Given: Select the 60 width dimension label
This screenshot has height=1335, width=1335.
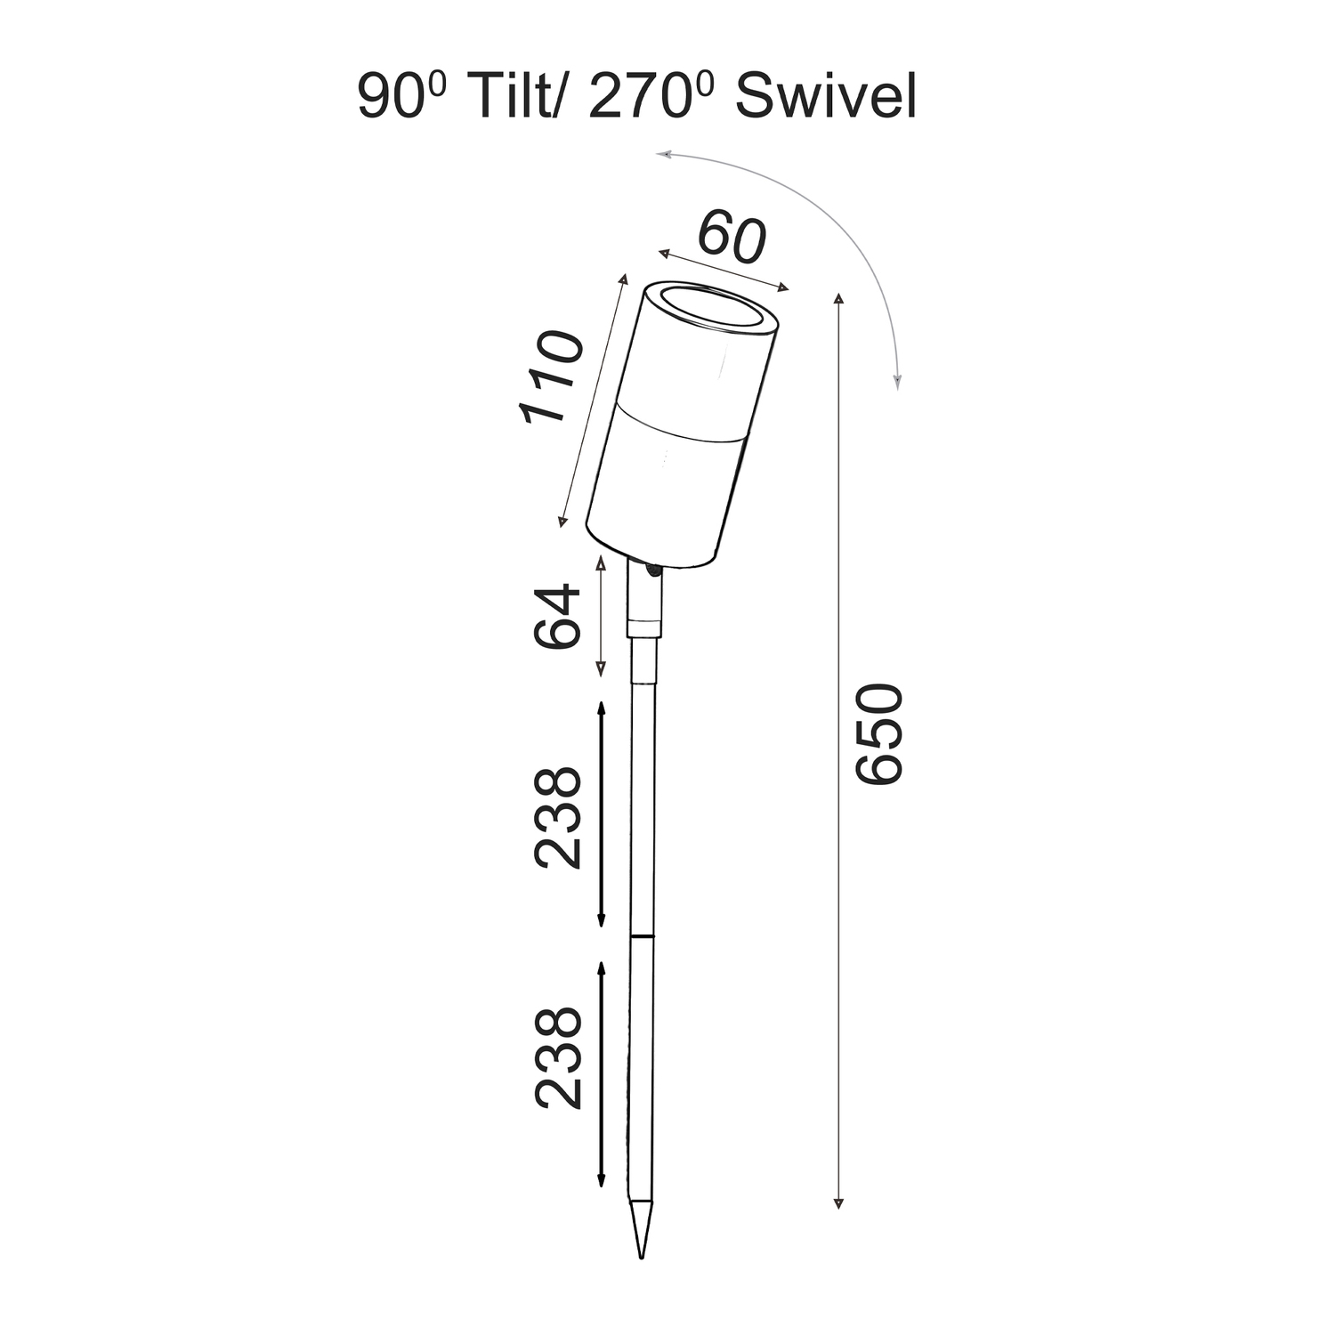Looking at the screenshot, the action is coord(732,238).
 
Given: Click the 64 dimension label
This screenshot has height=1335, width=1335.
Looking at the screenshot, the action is coord(557,617).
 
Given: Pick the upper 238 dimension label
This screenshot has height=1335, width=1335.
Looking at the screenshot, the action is coord(557,817).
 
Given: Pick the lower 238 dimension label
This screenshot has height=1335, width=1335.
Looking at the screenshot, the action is coord(557,1057).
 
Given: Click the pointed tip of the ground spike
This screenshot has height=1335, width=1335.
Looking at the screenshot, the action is coord(641,1257).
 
